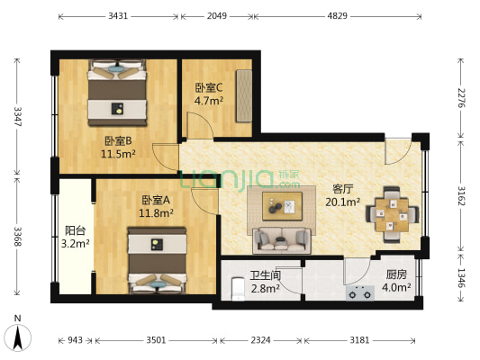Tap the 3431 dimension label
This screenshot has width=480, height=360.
119,16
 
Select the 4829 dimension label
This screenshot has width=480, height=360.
336,16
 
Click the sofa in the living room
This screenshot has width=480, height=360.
281,240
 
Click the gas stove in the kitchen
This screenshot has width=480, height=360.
362,292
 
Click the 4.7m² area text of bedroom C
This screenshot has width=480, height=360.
209,101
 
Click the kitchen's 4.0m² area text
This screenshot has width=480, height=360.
398,288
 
